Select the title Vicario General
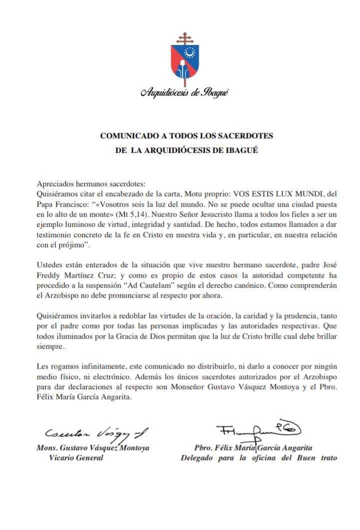[75, 458]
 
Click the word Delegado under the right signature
[197, 458]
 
